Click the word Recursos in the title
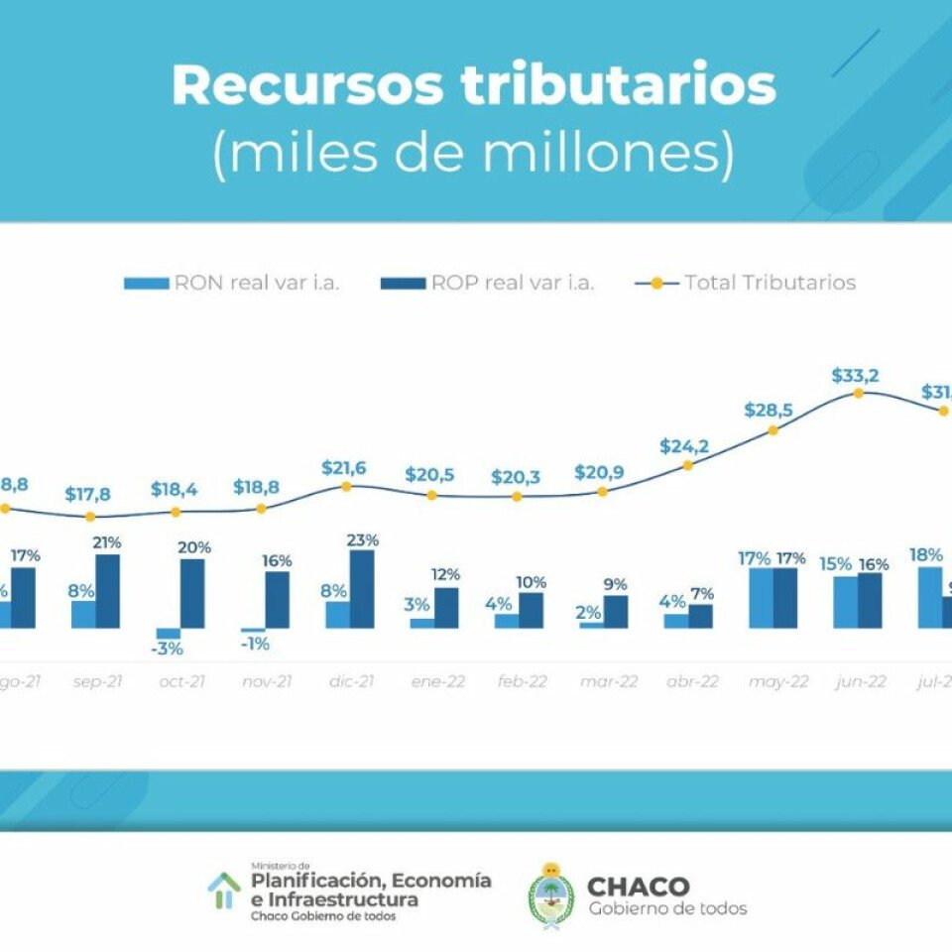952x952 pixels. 307,86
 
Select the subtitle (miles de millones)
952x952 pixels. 474,156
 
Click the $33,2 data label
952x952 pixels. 858,376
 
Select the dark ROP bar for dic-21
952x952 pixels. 362,589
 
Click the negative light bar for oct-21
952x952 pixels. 169,633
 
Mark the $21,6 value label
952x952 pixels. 345,468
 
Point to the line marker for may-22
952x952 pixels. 773,429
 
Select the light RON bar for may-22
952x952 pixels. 761,598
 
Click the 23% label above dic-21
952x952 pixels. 362,540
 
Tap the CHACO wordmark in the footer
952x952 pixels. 638,887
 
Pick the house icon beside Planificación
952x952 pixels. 224,890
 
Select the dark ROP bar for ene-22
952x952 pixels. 446,607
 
